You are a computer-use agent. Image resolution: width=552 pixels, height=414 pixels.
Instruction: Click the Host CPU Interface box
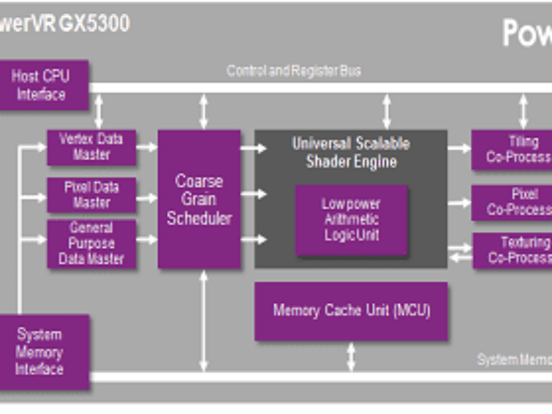point(41,85)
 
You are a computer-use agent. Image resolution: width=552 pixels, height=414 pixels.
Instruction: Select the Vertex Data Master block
point(91,147)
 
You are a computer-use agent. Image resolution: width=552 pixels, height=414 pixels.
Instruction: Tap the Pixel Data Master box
point(91,195)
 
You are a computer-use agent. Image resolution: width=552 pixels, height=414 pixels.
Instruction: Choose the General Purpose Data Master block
point(91,244)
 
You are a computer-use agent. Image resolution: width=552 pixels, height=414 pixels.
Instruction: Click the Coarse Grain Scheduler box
point(199,199)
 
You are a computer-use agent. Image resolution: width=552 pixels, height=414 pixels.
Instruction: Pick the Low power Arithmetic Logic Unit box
point(351,219)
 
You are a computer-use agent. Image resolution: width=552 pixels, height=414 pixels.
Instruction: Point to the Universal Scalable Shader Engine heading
point(351,152)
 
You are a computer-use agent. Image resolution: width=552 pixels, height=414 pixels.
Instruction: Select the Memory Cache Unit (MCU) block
point(351,310)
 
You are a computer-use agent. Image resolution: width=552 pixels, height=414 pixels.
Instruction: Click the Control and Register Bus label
point(293,70)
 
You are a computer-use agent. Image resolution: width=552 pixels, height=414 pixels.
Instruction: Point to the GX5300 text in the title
point(94,23)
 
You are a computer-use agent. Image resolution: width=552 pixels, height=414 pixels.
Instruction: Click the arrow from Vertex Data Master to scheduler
point(147,147)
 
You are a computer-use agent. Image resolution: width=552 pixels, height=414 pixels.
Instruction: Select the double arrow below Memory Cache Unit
point(351,357)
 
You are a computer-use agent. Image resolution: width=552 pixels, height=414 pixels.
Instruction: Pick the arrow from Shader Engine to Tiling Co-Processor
point(459,148)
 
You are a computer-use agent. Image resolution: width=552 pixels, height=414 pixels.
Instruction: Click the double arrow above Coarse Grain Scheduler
point(204,110)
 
